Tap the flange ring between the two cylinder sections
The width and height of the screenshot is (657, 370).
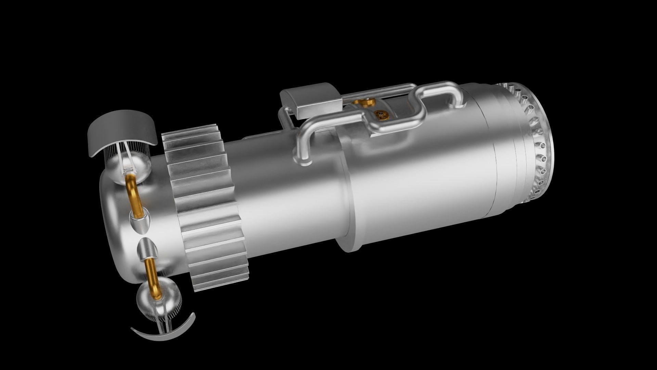coord(346,192)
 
